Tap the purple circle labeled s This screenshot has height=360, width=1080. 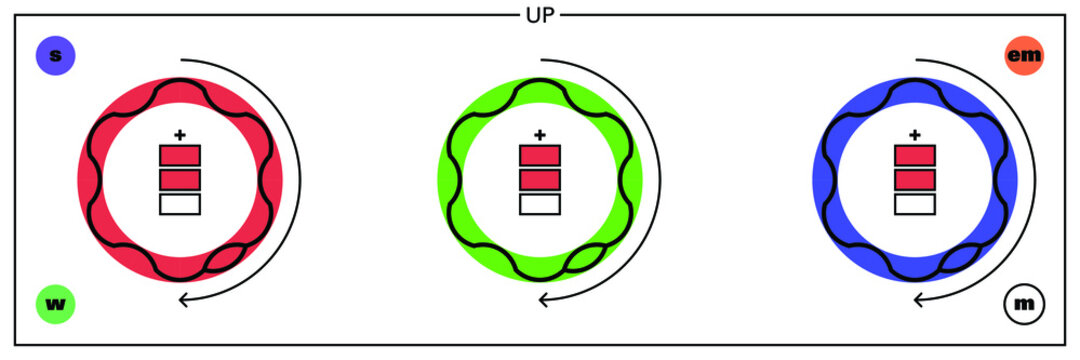click(x=55, y=56)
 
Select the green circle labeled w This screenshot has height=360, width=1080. click(x=56, y=304)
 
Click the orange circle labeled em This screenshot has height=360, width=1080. click(x=1024, y=56)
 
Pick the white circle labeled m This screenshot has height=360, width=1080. click(x=1024, y=304)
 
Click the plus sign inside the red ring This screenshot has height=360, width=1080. click(x=180, y=134)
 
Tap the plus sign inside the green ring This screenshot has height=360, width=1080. click(x=540, y=134)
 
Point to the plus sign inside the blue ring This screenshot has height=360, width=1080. click(x=915, y=134)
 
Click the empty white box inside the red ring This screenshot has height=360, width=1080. click(x=180, y=204)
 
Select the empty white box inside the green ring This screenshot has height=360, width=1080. click(x=540, y=204)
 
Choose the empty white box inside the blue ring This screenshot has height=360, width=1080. click(x=915, y=204)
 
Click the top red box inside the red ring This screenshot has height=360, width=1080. click(x=180, y=155)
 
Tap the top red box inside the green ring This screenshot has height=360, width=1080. click(x=540, y=155)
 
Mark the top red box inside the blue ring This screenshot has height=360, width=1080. click(x=915, y=155)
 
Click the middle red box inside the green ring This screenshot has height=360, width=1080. click(x=540, y=180)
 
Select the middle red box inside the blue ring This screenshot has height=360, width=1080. click(x=915, y=180)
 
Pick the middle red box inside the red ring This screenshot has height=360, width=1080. click(x=180, y=180)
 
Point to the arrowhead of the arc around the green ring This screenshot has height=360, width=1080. click(x=542, y=299)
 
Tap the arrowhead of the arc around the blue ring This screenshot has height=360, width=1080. click(x=917, y=299)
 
